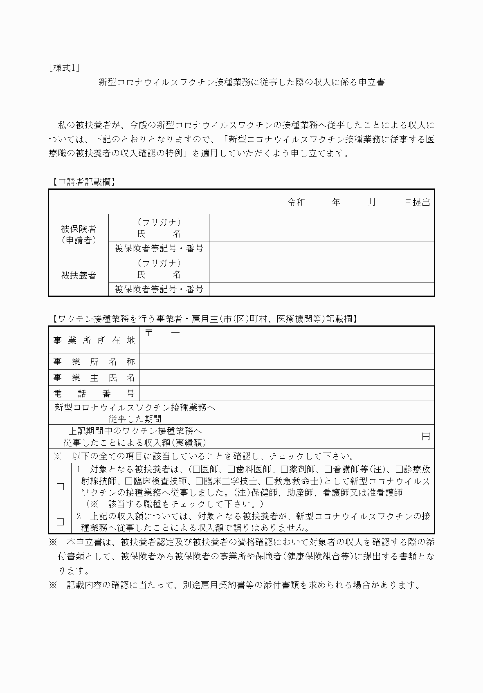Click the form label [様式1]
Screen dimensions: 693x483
point(64,68)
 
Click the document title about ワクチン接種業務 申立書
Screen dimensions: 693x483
point(241,82)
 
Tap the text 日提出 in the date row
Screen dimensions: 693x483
point(417,202)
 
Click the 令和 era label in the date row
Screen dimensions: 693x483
point(297,202)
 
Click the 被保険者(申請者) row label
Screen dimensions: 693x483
point(79,234)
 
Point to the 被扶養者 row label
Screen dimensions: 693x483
point(79,275)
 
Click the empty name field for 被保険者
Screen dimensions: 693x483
point(321,228)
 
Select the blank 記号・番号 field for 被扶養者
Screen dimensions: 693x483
point(321,289)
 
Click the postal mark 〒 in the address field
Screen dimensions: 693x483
point(149,333)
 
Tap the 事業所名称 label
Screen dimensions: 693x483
point(94,362)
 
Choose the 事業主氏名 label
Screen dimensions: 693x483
point(94,378)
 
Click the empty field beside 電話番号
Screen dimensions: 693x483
point(286,393)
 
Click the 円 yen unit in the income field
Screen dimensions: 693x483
point(426,437)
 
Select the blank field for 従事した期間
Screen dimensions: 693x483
point(327,413)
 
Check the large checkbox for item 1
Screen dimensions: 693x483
point(61,487)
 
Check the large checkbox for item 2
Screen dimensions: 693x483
point(61,522)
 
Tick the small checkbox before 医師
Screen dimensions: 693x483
point(196,470)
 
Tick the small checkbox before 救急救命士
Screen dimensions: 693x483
point(270,481)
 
